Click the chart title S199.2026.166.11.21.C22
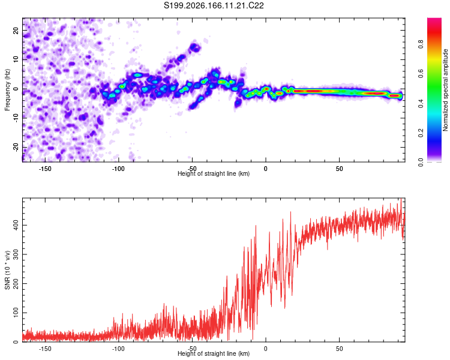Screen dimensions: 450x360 pyautogui.click(x=214, y=5)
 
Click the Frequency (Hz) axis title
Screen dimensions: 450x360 pyautogui.click(x=7, y=90)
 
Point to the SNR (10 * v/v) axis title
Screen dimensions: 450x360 pyautogui.click(x=7, y=270)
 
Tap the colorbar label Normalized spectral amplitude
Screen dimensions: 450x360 pyautogui.click(x=445, y=90)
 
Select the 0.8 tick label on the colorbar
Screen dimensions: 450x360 pyautogui.click(x=421, y=44)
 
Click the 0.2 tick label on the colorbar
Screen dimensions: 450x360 pyautogui.click(x=421, y=133)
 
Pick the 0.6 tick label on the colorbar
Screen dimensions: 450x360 pyautogui.click(x=421, y=74)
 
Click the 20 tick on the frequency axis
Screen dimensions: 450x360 pyautogui.click(x=16, y=30)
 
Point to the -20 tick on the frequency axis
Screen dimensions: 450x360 pyautogui.click(x=16, y=148)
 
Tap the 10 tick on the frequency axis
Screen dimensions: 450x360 pyautogui.click(x=16, y=59)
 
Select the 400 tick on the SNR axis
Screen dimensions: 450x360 pyautogui.click(x=16, y=225)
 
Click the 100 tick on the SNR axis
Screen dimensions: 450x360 pyautogui.click(x=16, y=313)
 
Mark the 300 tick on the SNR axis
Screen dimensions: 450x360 pyautogui.click(x=16, y=254)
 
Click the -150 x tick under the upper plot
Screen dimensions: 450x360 pyautogui.click(x=45, y=169)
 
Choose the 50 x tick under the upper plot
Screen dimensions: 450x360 pyautogui.click(x=339, y=169)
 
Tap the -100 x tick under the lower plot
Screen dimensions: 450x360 pyautogui.click(x=118, y=349)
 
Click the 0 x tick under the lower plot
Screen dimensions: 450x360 pyautogui.click(x=266, y=349)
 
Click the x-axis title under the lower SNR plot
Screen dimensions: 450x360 pyautogui.click(x=214, y=353)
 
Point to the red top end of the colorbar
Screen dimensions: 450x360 pyautogui.click(x=434, y=19)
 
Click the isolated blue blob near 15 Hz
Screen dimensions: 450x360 pyautogui.click(x=195, y=47)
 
